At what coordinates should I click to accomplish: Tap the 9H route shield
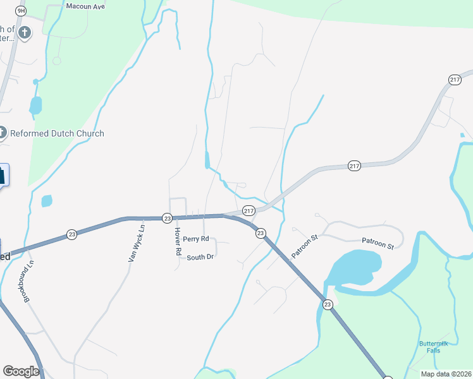21,11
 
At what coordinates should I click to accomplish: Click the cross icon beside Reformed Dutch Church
3,133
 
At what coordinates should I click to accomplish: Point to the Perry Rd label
196,239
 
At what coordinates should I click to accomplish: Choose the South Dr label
200,257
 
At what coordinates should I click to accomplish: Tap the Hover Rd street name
178,241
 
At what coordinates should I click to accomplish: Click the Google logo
21,371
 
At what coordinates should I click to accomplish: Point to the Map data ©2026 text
446,374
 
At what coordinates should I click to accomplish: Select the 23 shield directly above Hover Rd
167,218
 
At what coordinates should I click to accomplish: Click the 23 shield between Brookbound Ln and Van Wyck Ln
71,234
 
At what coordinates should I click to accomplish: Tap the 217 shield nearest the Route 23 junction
249,211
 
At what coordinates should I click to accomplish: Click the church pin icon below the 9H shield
25,33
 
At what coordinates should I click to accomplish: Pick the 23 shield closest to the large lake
328,304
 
